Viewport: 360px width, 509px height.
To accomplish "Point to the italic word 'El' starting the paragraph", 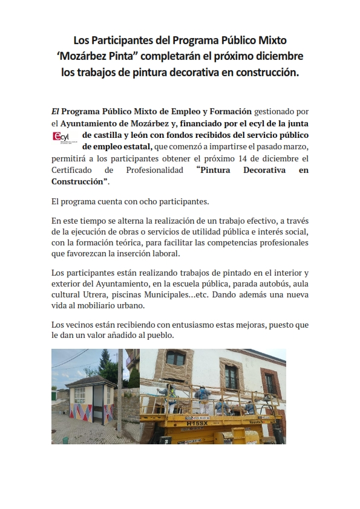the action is pos(55,112).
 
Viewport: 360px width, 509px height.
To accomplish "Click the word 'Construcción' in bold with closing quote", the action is pos(77,182).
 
